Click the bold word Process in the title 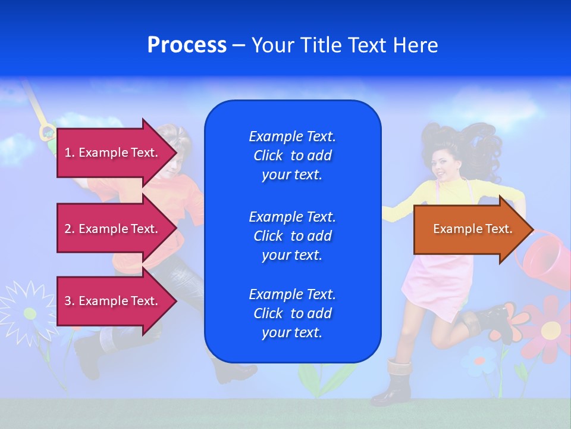187,45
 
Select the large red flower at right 550,327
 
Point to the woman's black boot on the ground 393,384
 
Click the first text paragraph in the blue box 292,156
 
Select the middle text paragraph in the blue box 292,236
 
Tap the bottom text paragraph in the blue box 292,313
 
